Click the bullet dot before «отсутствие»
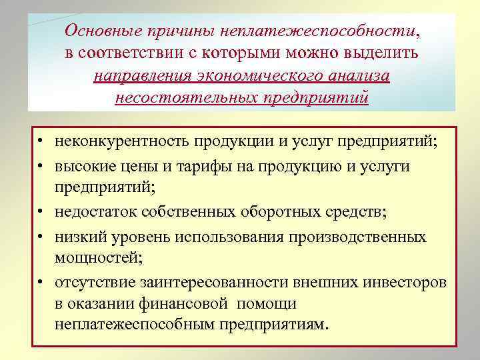coord(41,282)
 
